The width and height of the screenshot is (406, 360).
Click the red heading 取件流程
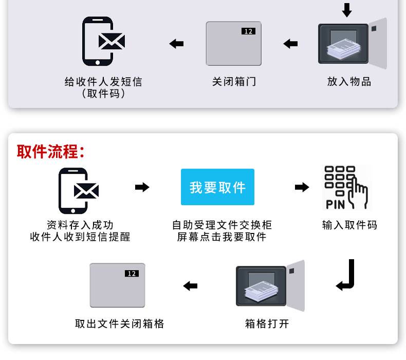click(x=50, y=152)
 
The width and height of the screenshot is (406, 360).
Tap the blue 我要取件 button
click(x=217, y=187)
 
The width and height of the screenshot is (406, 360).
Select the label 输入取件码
click(x=349, y=225)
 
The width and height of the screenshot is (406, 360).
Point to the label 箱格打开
click(x=267, y=324)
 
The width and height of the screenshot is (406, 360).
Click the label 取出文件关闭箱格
click(x=120, y=324)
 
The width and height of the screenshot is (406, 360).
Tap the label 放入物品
click(x=349, y=82)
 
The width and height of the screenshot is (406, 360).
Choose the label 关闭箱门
click(x=234, y=82)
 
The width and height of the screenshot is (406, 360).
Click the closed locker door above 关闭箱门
click(x=234, y=44)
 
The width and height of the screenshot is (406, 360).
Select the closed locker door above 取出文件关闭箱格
click(x=118, y=285)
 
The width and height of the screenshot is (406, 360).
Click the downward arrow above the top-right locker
click(x=347, y=10)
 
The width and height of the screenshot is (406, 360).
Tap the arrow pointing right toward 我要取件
click(x=142, y=187)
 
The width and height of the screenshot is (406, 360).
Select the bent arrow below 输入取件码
click(x=346, y=276)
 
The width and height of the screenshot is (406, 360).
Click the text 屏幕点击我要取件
click(x=222, y=237)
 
